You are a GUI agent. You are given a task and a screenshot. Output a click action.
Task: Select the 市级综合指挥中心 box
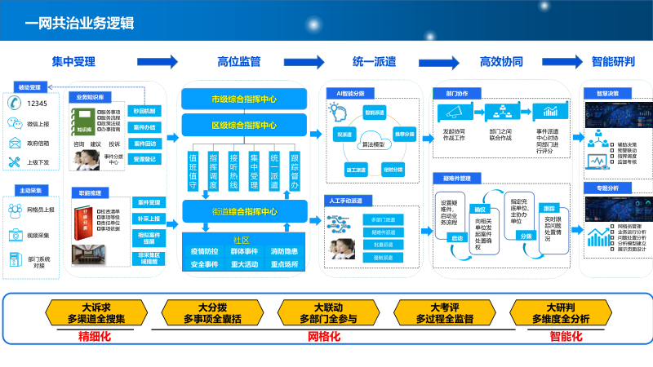coord(243,99)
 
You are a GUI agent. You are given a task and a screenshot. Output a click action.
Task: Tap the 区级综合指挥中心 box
coord(243,126)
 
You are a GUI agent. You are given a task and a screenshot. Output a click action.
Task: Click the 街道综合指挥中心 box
coord(243,213)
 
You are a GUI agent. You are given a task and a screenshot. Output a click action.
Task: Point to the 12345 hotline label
coord(38,104)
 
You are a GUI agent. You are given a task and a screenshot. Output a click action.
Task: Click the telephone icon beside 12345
coord(14,104)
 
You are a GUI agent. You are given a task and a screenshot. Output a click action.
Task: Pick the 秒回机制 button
coord(147,110)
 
